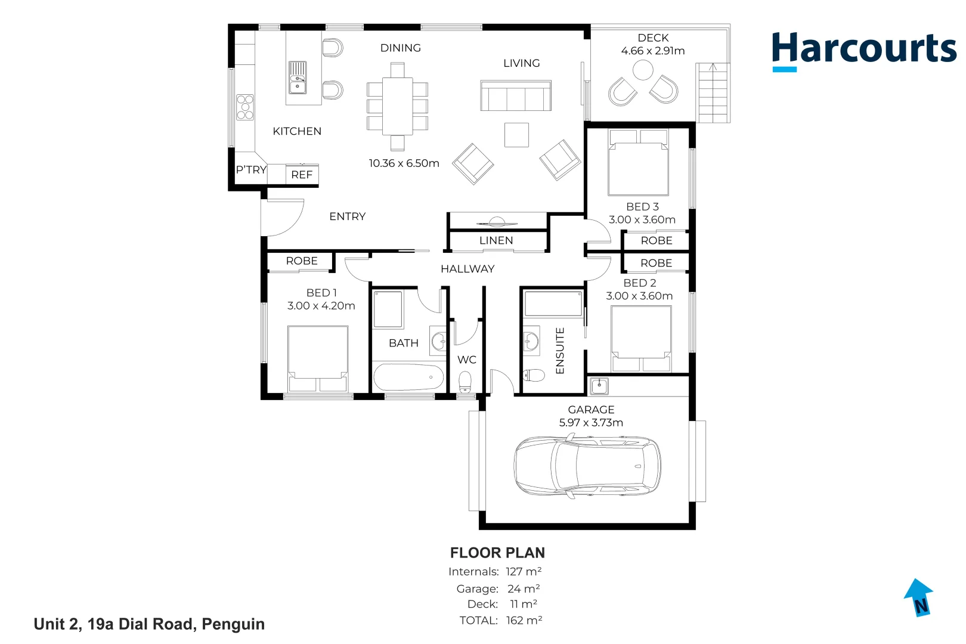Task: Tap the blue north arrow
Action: (919, 597)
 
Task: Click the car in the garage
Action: (587, 466)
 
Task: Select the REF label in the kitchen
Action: (302, 175)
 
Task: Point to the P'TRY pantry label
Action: (251, 170)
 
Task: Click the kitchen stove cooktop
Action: (245, 107)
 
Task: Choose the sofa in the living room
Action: (516, 96)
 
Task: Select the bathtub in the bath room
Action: (408, 377)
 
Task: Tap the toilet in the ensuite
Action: (534, 375)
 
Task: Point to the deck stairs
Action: (713, 93)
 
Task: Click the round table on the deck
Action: (643, 70)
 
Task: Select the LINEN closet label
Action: (496, 240)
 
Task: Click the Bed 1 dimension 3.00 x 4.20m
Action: (321, 306)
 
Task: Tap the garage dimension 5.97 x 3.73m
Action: (591, 423)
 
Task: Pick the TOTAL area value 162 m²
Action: (524, 620)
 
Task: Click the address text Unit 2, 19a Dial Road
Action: (149, 624)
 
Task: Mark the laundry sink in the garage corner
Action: (599, 386)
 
